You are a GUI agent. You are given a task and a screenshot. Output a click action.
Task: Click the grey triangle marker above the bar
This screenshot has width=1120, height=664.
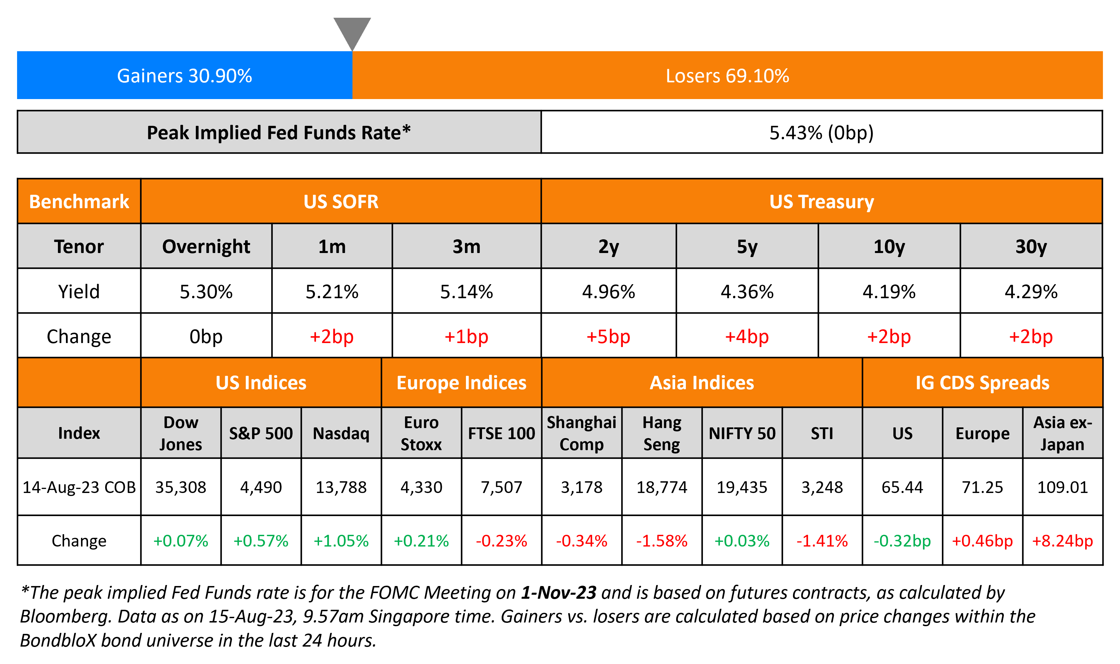pos(352,31)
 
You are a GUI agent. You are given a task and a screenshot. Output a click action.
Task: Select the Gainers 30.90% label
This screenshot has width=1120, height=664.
pos(184,76)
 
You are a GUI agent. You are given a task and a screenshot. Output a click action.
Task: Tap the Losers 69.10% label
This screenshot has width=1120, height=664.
pos(727,76)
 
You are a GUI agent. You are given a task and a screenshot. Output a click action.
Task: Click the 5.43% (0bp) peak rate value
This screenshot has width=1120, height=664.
pos(821,133)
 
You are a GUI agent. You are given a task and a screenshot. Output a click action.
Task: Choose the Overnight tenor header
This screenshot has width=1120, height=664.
pos(206,247)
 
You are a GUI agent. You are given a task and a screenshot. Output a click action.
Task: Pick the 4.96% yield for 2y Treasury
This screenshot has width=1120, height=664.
pos(608,292)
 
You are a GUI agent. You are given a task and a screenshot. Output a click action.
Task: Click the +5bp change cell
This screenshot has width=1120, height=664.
pos(608,336)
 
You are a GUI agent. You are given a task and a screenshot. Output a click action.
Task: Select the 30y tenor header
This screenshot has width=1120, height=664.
pos(1031,247)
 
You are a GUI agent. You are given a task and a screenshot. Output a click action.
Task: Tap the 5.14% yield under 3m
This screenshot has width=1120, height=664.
pos(466,292)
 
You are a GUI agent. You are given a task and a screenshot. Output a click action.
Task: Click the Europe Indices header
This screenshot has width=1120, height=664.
pos(461,383)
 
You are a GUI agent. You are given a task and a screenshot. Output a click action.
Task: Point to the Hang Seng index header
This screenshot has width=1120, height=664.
pos(662,433)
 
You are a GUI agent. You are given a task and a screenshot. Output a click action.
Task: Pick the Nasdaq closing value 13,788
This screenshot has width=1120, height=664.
pos(341,487)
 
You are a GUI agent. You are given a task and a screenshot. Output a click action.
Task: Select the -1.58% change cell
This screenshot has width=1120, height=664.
pos(662,541)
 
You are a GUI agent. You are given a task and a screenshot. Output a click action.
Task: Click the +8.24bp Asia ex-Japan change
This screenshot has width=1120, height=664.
pos(1062,541)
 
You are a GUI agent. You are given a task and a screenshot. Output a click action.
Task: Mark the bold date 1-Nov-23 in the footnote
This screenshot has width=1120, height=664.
pos(558,592)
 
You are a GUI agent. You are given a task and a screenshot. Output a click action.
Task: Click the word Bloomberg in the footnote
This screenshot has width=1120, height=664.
pos(65,616)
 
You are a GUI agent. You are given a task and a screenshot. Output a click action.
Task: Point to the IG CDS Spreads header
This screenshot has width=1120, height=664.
pos(982,383)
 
